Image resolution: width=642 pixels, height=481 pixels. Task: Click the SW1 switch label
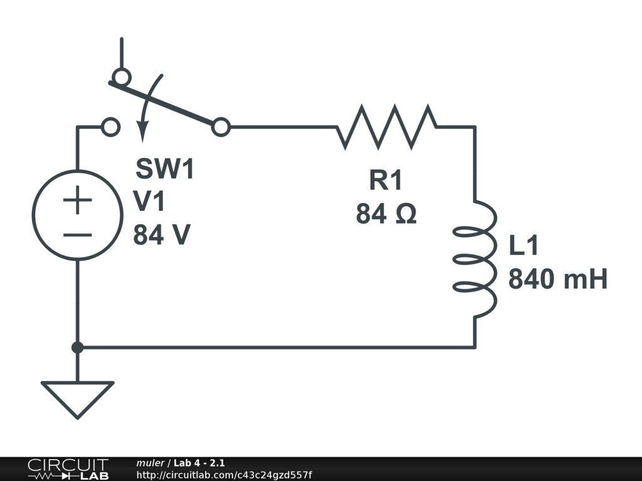point(166,169)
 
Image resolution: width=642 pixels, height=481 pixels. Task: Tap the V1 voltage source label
point(149,202)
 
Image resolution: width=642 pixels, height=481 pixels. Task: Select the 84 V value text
point(162,235)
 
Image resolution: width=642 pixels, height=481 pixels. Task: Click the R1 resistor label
point(384,180)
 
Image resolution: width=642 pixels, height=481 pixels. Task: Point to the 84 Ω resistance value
point(386,215)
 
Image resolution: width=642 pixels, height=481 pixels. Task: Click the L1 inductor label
point(524,246)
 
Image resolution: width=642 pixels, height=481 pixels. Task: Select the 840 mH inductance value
point(557,279)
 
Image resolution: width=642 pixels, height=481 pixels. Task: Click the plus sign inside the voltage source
point(78,202)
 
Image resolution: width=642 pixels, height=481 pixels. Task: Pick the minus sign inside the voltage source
point(78,235)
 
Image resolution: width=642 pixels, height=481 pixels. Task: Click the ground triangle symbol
point(78,398)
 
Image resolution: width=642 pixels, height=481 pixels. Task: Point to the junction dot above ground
point(78,347)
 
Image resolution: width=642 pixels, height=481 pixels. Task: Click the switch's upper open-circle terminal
point(121,77)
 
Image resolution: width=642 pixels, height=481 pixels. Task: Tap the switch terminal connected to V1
point(111,127)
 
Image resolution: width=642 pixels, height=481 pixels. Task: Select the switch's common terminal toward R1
point(220,127)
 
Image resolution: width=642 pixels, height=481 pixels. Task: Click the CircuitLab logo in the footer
point(68,469)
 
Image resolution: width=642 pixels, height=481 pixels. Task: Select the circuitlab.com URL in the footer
point(224,475)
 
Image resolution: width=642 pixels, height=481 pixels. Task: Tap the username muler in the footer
point(150,463)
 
